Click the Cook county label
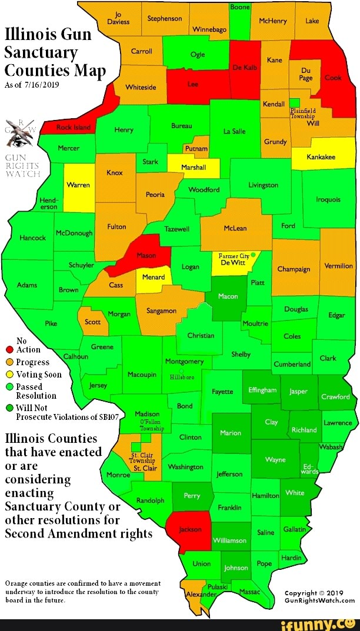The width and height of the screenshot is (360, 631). tap(333, 78)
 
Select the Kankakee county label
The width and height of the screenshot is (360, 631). tap(321, 157)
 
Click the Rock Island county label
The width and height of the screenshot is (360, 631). tap(73, 127)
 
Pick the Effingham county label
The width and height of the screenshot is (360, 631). tap(262, 389)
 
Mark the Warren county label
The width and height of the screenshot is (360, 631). tap(78, 185)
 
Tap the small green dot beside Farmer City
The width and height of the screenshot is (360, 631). tap(253, 255)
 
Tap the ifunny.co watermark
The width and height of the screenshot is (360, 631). tap(325, 622)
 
